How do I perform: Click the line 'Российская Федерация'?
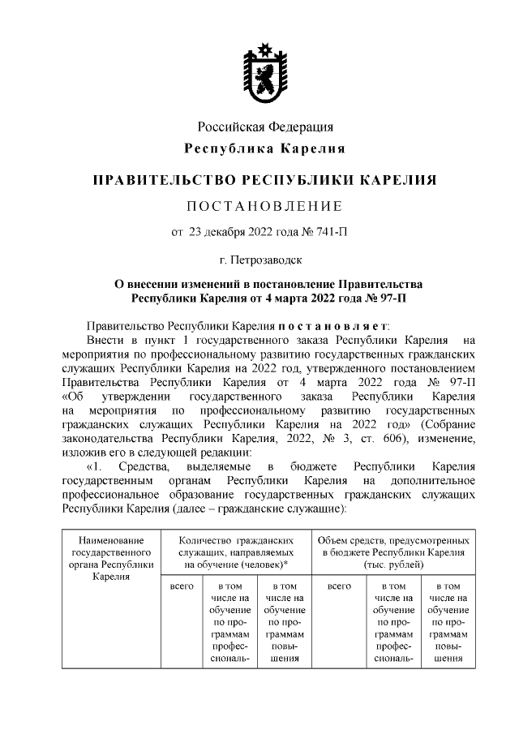pos(265,127)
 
